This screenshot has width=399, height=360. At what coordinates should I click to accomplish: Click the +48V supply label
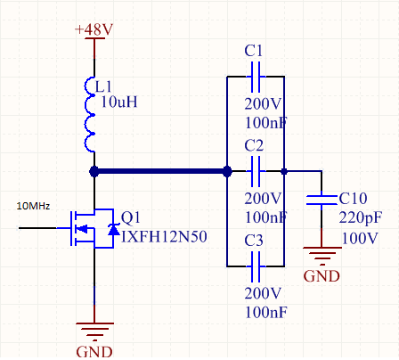(x=94, y=29)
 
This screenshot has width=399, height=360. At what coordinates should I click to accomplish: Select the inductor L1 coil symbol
(x=89, y=115)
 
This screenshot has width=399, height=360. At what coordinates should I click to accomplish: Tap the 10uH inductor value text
(x=119, y=102)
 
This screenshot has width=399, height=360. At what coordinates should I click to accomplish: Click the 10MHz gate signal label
(x=33, y=206)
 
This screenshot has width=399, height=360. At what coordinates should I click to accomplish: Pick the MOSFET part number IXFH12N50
(x=164, y=237)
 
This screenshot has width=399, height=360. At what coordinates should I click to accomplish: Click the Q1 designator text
(x=131, y=217)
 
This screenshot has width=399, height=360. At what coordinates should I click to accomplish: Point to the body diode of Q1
(x=113, y=229)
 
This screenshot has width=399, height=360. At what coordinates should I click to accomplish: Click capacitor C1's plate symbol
(x=256, y=77)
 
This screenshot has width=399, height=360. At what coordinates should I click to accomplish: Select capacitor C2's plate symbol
(x=256, y=171)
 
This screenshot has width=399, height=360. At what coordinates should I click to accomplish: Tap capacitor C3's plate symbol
(x=256, y=266)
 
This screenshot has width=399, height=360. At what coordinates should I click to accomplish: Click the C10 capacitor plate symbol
(x=322, y=200)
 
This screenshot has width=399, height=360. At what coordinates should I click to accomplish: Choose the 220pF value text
(x=361, y=218)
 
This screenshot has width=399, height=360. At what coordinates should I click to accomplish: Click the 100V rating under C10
(x=360, y=238)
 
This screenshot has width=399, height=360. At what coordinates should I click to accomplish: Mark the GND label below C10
(x=322, y=276)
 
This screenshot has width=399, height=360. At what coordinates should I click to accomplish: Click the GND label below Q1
(x=94, y=352)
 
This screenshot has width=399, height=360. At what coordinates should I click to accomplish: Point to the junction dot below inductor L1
(x=94, y=171)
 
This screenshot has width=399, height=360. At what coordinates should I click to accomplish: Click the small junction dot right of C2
(x=284, y=171)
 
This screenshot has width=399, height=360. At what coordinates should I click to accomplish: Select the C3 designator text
(x=254, y=241)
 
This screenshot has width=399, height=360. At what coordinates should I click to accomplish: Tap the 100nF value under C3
(x=266, y=312)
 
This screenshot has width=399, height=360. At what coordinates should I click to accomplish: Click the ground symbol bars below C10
(x=322, y=256)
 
